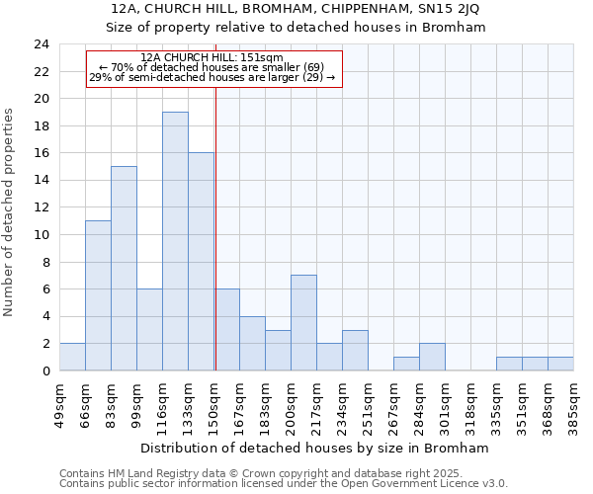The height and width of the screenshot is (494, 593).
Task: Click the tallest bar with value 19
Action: pos(175,241)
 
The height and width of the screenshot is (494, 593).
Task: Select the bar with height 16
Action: pos(201,262)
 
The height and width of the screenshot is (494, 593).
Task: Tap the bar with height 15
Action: pos(124,269)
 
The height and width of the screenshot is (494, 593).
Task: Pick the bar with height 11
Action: pos(98,295)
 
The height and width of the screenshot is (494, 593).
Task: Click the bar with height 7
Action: pos(303,323)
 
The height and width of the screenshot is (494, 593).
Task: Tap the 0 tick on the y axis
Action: pos(45,370)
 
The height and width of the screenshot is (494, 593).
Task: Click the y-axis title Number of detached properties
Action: pos(11,211)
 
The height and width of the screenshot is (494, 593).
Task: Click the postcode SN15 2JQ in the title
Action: pos(447,9)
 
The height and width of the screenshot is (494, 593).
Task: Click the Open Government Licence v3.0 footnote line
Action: pos(284,484)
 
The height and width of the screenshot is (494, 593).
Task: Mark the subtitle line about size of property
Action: pos(296,28)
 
